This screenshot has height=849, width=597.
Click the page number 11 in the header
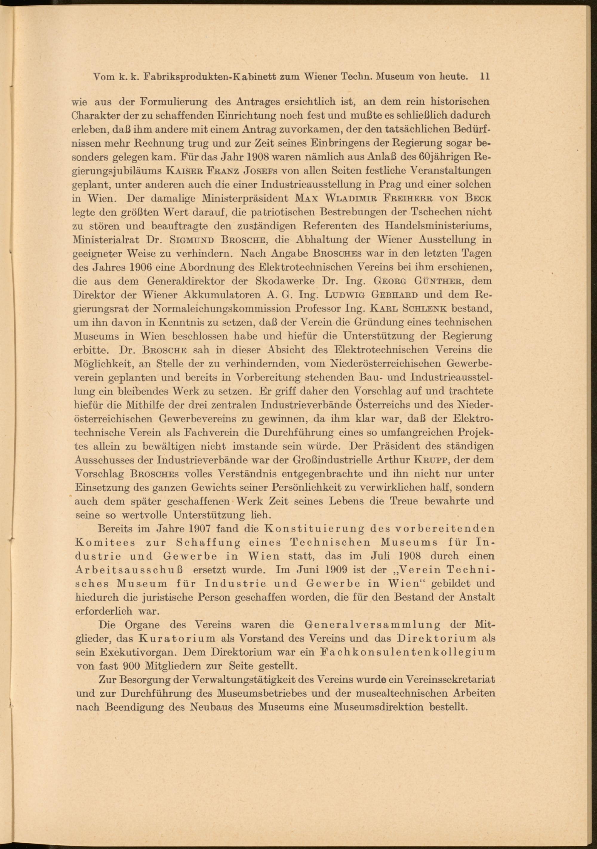pos(485,77)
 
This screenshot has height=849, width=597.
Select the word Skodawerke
pos(285,281)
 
